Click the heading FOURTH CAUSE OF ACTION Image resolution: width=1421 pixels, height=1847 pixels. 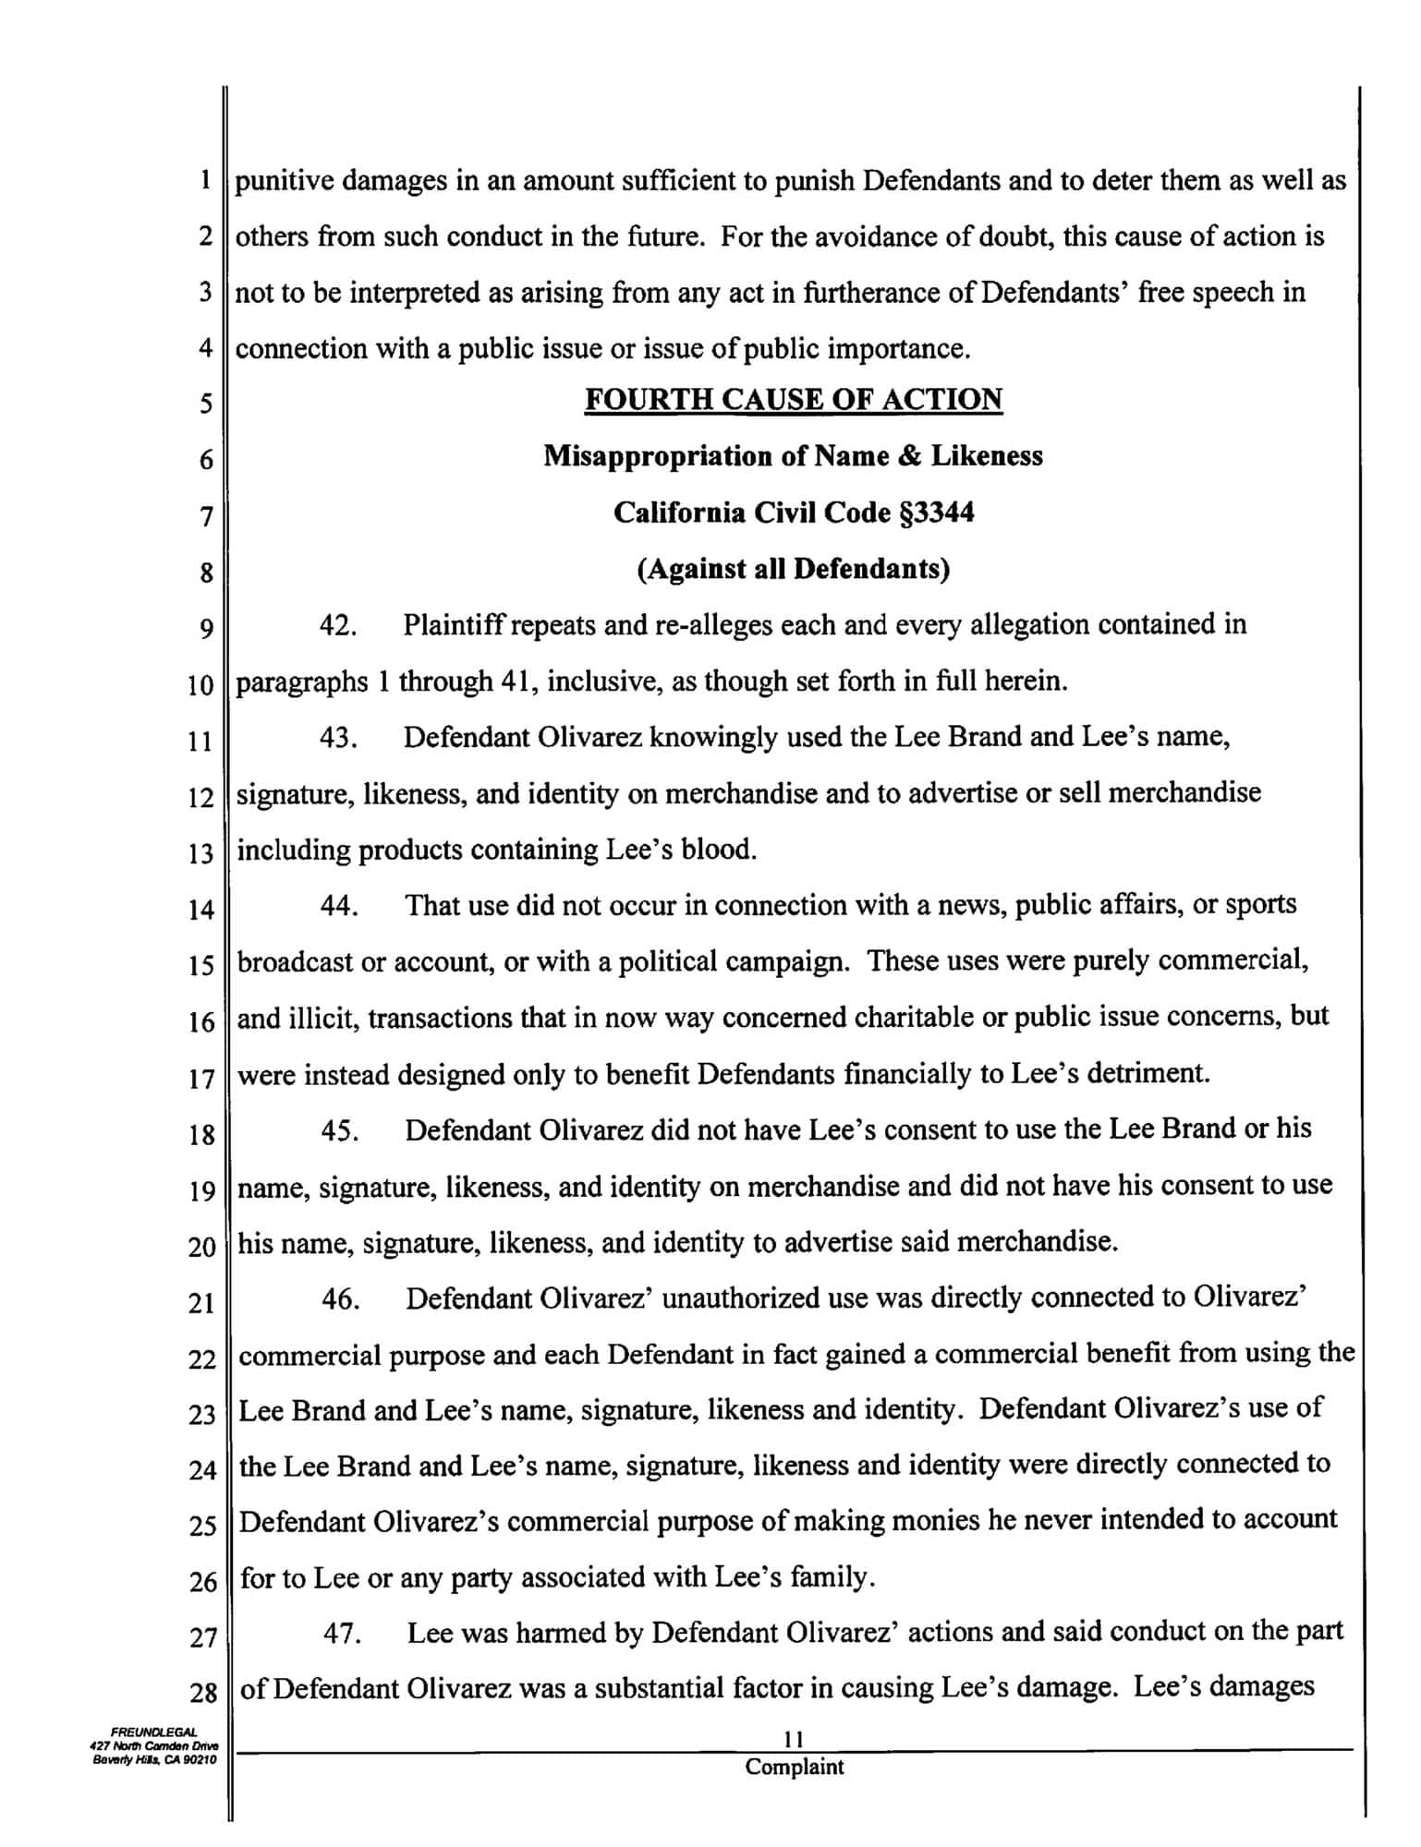794,400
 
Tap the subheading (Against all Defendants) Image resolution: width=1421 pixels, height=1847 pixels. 794,569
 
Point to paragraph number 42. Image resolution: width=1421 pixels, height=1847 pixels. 339,625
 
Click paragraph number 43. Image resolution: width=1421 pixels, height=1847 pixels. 339,738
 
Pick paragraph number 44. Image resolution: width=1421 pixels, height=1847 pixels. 339,906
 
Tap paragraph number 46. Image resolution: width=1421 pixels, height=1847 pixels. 340,1299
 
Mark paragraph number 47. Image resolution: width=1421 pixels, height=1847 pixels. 341,1634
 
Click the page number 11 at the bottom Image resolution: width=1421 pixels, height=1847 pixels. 793,1740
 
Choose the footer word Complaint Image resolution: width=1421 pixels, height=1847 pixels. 794,1767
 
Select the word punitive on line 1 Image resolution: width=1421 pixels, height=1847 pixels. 284,180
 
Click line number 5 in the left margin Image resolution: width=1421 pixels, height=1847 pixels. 205,404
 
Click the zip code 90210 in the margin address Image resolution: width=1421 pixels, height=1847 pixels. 198,1760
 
